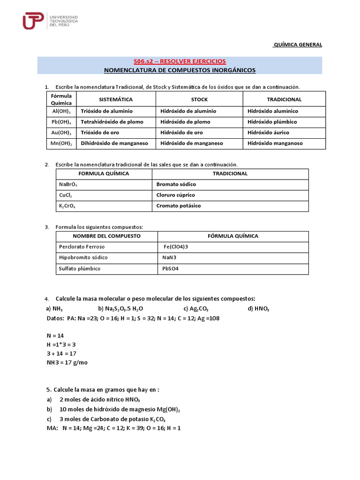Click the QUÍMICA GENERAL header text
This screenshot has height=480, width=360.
(298, 45)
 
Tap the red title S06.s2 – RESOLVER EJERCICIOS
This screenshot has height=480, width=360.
(180, 61)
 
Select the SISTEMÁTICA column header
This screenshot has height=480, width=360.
(116, 99)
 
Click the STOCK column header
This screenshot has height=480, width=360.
(199, 99)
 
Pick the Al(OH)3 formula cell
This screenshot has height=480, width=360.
(61, 112)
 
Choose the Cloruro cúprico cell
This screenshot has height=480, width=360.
(175, 195)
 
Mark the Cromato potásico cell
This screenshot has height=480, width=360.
(178, 206)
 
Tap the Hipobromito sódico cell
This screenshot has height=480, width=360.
(83, 258)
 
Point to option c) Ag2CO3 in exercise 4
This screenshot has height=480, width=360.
(196, 308)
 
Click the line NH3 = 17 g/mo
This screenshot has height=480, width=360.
(67, 363)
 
